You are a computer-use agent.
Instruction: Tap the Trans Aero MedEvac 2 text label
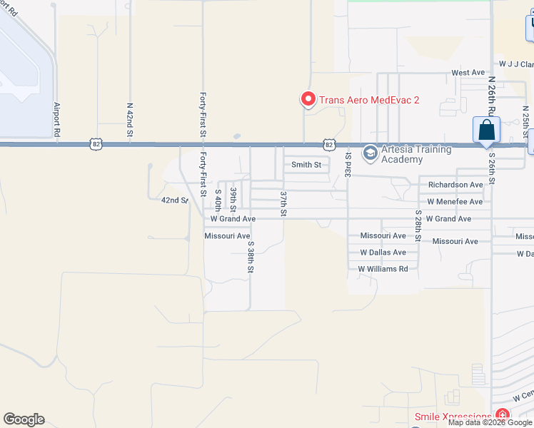pos(368,100)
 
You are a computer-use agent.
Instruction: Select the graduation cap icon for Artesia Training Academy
pos(370,153)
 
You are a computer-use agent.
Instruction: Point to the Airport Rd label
pos(57,119)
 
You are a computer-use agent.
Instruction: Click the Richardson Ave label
pos(455,185)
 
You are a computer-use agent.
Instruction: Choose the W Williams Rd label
pos(383,269)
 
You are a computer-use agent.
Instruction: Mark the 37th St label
pos(283,203)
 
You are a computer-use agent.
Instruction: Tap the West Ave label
pos(468,73)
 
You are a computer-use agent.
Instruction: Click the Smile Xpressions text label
pos(453,417)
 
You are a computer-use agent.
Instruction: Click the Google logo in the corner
pos(24,419)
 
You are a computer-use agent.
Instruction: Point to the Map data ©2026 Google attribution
pos(490,422)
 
